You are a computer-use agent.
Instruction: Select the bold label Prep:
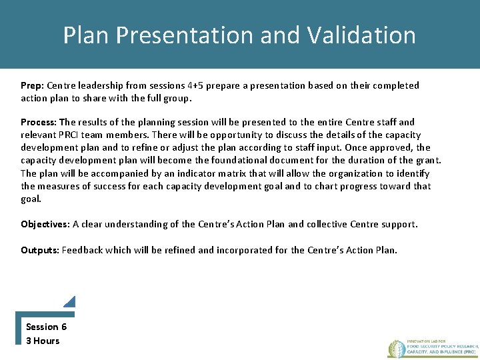pyautogui.click(x=32, y=85)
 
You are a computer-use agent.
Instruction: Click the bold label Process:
pyautogui.click(x=39, y=122)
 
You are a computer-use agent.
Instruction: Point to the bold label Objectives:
pyautogui.click(x=45, y=224)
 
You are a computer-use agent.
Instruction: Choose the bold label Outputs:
pyautogui.click(x=40, y=250)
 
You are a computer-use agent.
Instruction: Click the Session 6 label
pyautogui.click(x=46, y=327)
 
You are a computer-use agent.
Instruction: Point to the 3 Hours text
pyautogui.click(x=43, y=341)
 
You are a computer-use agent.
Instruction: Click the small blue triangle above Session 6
pyautogui.click(x=70, y=301)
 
